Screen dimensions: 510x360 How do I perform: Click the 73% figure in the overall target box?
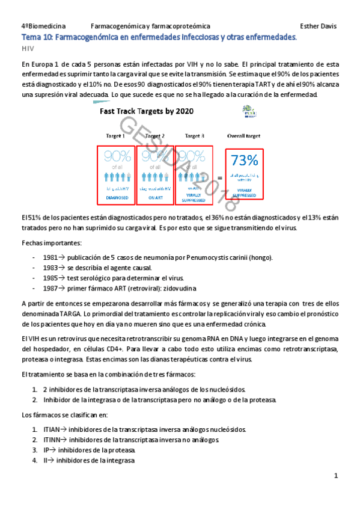tap(244, 160)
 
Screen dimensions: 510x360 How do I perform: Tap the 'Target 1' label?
tap(115, 136)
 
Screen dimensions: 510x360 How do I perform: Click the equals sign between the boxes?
tap(219, 177)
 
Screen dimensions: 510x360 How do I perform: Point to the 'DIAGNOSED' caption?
tap(115, 197)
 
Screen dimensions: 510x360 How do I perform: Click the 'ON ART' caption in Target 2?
tap(156, 197)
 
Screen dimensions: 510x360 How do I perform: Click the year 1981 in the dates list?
tap(50, 257)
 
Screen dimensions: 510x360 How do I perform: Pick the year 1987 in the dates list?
tap(50, 288)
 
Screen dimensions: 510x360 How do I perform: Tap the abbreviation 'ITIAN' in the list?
tap(51, 429)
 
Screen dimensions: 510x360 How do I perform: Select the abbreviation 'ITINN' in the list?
tap(52, 440)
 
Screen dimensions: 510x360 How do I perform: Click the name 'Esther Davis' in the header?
tap(319, 26)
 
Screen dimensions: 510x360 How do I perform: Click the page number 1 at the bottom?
tap(336, 476)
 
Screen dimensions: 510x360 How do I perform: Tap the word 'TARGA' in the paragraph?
tap(66, 314)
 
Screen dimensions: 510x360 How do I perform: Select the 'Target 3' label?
tap(195, 136)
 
